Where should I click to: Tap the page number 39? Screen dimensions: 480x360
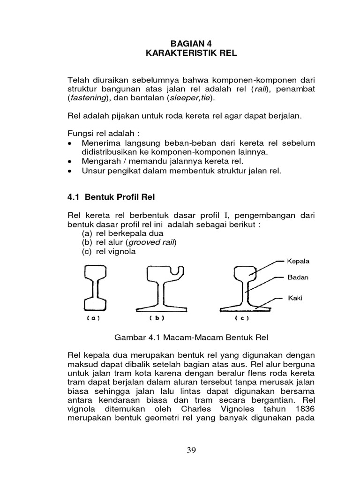pos(191,450)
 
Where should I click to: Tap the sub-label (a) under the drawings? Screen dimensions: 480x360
pos(93,318)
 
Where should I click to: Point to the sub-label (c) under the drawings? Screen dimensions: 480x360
pos(241,318)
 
